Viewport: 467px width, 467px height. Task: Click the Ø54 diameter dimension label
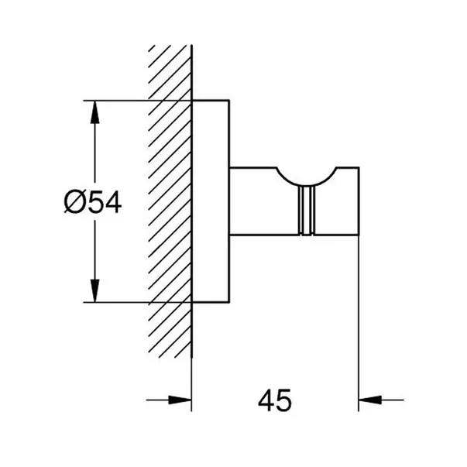coord(93,202)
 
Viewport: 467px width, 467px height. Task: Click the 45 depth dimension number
coord(275,400)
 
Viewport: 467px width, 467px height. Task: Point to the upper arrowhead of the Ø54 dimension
coord(94,112)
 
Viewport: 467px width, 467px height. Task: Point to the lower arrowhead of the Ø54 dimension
coord(94,290)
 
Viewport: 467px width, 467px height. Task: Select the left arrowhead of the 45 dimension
coord(180,400)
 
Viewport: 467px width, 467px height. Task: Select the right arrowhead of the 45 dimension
coord(370,400)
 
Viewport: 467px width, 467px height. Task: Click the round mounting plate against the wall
coord(211,201)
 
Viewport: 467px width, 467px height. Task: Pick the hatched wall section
coord(170,201)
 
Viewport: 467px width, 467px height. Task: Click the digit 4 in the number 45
coord(266,400)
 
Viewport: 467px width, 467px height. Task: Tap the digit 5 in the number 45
coord(283,400)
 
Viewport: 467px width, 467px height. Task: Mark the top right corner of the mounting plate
coord(229,101)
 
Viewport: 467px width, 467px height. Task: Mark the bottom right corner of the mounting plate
coord(229,302)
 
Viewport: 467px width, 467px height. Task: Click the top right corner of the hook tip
coord(359,168)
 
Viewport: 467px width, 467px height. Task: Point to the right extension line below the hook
coord(359,324)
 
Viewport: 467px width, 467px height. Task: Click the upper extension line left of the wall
coord(137,101)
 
